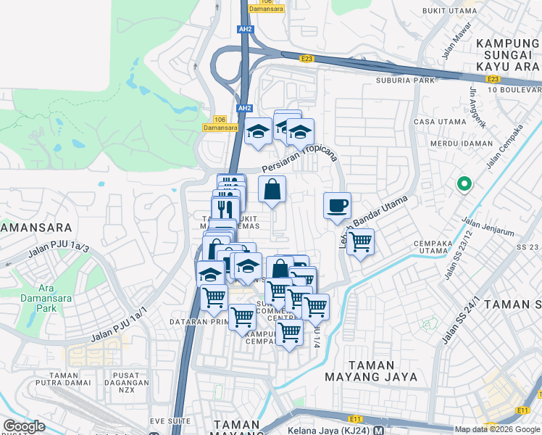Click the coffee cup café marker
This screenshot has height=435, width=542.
(x=337, y=206)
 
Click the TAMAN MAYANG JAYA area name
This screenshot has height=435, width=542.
(x=380, y=371)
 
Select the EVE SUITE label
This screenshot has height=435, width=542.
(x=170, y=420)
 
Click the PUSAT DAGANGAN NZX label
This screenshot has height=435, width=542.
(x=126, y=376)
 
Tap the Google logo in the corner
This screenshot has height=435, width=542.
(x=24, y=426)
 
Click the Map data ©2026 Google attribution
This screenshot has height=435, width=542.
(x=497, y=429)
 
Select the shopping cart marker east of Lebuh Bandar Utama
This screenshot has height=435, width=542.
(x=359, y=242)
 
